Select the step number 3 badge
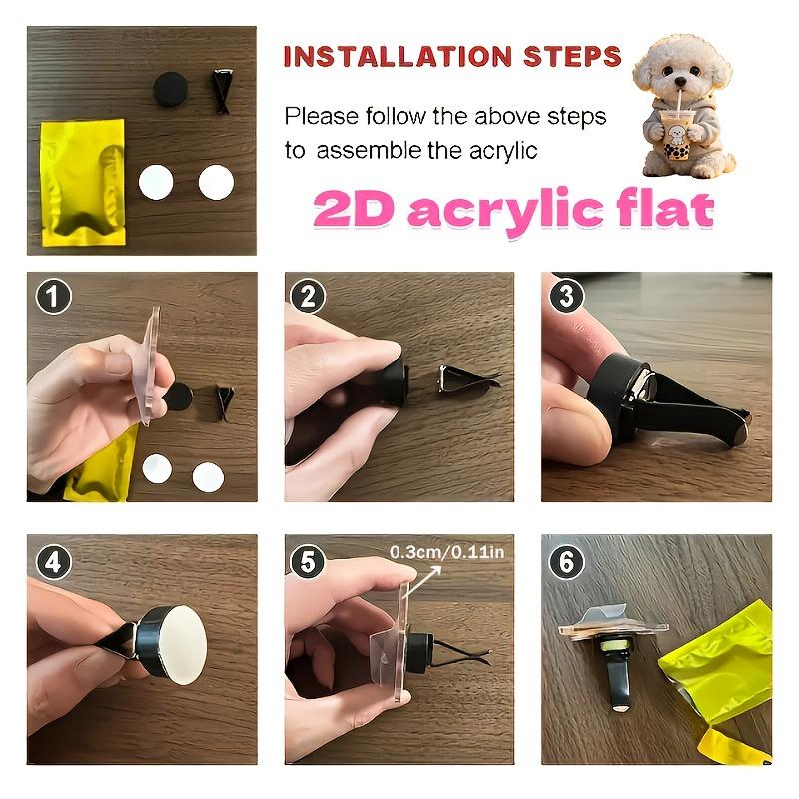567,297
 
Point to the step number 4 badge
53,562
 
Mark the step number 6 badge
567,562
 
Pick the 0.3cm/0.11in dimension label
447,551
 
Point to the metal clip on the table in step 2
463,379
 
